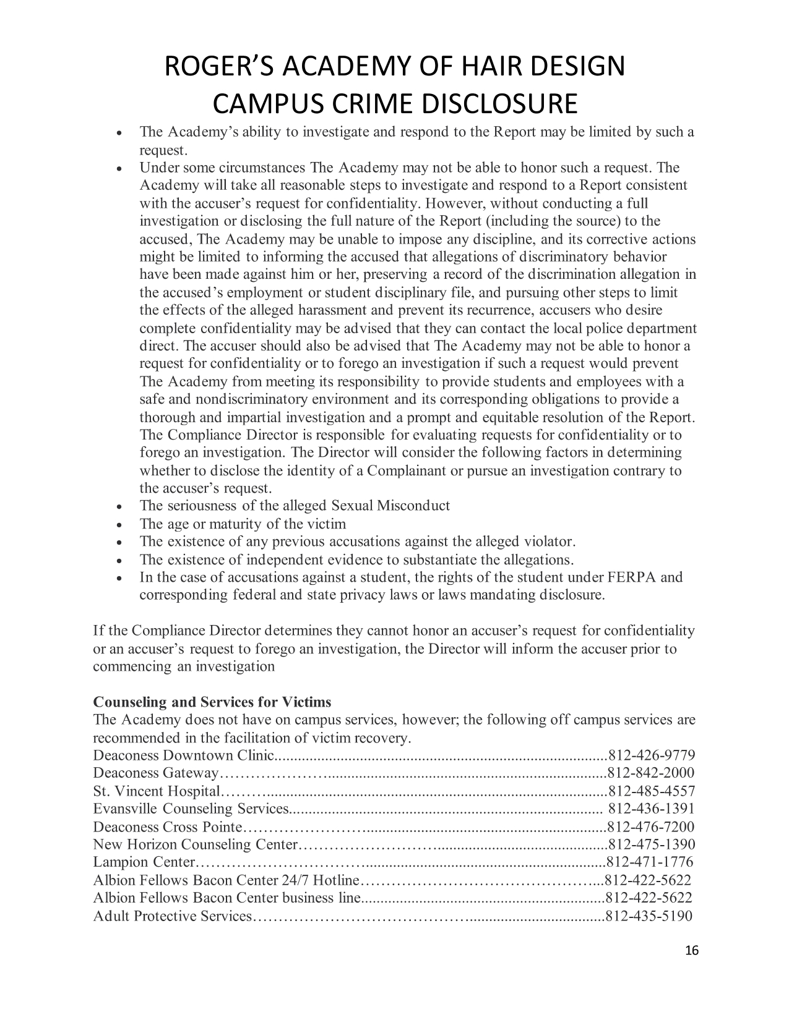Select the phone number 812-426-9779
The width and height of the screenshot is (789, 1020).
pos(652,755)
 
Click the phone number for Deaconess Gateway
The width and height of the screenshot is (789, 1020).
pos(652,773)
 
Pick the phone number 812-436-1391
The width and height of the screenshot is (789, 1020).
pos(652,809)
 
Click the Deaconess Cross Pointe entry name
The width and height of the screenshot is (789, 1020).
pos(168,827)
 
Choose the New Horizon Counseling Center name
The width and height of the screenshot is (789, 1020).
pos(196,844)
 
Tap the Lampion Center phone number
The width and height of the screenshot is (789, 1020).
pos(651,862)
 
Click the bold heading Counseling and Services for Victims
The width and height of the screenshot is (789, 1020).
pos(212,702)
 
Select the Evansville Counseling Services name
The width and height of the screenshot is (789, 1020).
pos(191,809)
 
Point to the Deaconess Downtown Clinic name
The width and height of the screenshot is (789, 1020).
pos(183,755)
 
